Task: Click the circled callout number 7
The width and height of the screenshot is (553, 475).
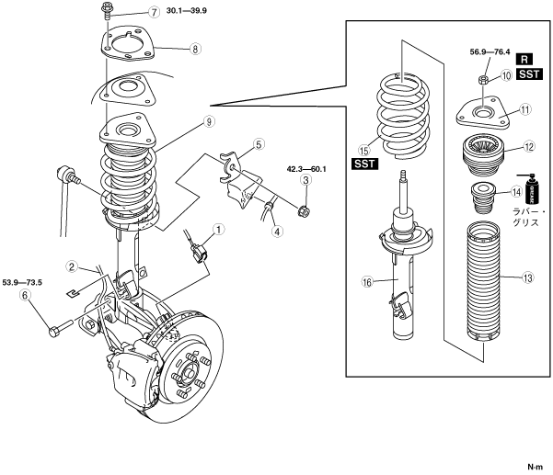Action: click(x=154, y=12)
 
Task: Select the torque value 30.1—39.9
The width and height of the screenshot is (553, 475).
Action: click(x=187, y=10)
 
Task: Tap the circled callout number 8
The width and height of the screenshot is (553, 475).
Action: click(x=195, y=49)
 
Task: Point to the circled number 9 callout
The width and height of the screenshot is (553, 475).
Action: click(x=209, y=122)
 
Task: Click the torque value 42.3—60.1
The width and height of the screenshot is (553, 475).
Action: click(x=306, y=169)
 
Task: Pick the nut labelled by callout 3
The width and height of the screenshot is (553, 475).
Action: click(x=304, y=211)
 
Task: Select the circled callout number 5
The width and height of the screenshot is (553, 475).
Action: click(x=259, y=144)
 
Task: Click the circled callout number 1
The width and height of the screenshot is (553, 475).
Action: click(x=219, y=230)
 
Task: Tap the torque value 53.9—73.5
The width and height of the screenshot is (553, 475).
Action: click(x=22, y=282)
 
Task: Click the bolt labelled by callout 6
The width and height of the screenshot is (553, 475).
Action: click(x=61, y=328)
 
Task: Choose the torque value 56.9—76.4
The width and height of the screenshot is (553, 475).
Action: click(x=490, y=52)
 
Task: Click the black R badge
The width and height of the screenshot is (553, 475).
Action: click(x=524, y=59)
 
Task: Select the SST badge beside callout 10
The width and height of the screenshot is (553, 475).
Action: click(x=529, y=74)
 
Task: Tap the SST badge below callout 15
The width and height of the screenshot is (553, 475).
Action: click(x=364, y=164)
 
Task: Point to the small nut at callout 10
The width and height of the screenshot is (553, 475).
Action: click(x=483, y=81)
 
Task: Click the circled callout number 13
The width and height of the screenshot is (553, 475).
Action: click(x=527, y=278)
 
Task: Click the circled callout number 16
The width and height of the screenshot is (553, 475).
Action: click(x=367, y=282)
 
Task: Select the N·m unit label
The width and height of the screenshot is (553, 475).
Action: click(x=536, y=467)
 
